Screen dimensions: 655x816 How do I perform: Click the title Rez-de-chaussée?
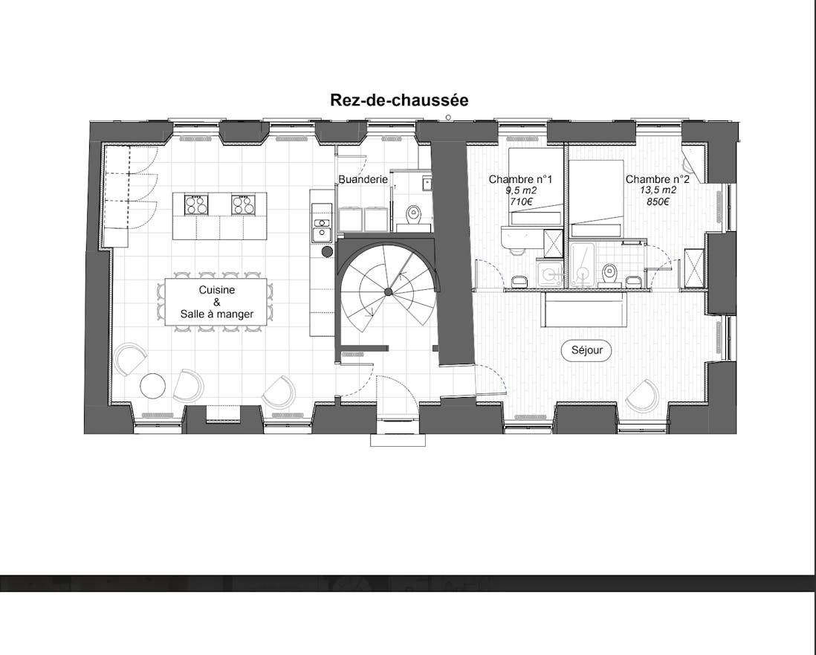pos(399,100)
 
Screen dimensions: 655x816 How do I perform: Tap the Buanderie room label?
pos(363,179)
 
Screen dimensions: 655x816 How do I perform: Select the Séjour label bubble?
pos(586,350)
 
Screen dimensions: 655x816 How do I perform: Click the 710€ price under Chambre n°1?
pos(520,201)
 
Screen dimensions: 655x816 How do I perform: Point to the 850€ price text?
pos(657,201)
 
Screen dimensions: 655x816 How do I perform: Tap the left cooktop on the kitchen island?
pos(195,204)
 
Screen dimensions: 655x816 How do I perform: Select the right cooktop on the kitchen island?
pos(242,204)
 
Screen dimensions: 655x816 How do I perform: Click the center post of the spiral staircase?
pos(386,291)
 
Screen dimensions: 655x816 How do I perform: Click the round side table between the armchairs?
pos(153,386)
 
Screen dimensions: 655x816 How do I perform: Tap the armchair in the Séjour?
pos(642,397)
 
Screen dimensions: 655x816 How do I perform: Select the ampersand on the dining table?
pos(216,302)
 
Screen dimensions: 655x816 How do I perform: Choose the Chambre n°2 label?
pos(657,179)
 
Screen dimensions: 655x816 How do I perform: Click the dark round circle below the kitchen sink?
pos(326,252)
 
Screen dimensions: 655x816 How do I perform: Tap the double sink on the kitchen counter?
pos(322,228)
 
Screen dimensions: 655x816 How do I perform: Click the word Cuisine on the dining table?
pos(216,290)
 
